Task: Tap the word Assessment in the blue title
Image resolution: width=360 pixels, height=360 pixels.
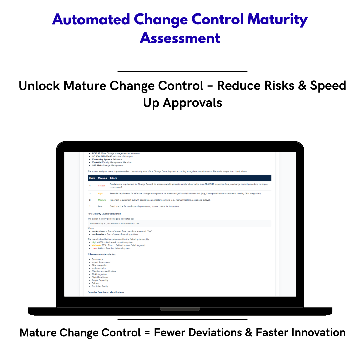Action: pos(180,38)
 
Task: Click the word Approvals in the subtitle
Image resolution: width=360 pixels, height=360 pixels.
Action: pos(192,103)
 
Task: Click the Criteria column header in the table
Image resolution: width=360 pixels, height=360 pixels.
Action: pos(113,178)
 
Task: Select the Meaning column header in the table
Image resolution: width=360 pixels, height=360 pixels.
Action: pos(102,178)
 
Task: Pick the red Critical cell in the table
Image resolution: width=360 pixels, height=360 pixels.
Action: pos(101,186)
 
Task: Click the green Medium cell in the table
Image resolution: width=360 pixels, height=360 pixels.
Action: pos(102,200)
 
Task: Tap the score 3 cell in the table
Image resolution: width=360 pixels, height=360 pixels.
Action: pos(90,193)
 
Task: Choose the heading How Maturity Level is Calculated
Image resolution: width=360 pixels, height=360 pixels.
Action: pos(104,214)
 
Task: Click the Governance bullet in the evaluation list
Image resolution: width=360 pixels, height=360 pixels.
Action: pos(97,259)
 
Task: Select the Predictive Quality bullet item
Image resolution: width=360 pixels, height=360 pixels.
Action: pos(100,286)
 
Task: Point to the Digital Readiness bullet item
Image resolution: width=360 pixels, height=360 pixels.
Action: pos(100,277)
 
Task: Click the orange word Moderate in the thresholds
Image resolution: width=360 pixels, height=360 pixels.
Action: pos(96,245)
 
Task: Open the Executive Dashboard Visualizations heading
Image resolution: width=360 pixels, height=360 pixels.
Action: pos(106,292)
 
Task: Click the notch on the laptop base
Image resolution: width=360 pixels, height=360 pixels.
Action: pos(180,309)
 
